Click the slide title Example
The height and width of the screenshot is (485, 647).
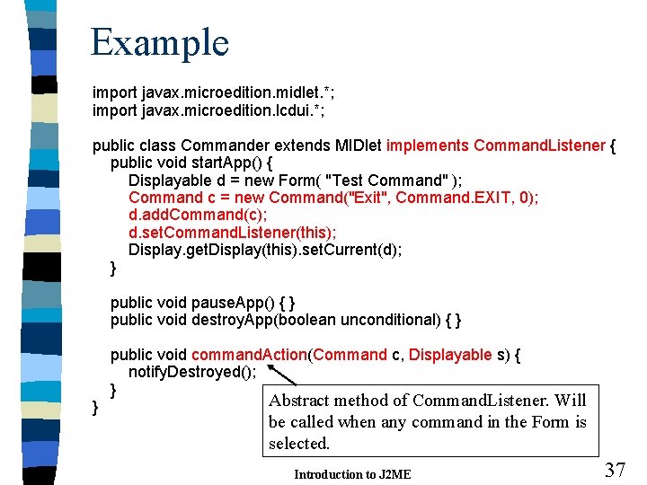click(x=160, y=42)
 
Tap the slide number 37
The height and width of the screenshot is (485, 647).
click(x=615, y=469)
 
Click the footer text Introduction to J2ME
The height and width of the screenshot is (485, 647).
click(x=352, y=474)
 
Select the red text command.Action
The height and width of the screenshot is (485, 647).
click(x=249, y=355)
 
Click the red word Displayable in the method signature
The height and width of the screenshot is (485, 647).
click(x=450, y=355)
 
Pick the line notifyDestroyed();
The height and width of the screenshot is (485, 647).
click(x=192, y=372)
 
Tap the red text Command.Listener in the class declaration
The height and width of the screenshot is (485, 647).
click(x=539, y=145)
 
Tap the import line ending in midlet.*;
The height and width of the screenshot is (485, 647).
click(x=207, y=93)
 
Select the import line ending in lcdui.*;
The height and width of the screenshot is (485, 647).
click(x=208, y=110)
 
